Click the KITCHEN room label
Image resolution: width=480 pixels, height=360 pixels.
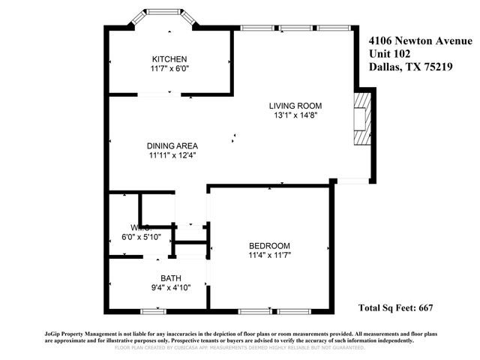(169, 59)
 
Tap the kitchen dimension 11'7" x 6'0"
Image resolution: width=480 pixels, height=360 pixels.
(169, 69)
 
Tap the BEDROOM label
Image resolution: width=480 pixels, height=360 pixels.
(269, 245)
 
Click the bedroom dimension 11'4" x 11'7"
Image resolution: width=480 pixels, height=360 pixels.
(269, 255)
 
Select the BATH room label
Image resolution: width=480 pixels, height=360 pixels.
(171, 278)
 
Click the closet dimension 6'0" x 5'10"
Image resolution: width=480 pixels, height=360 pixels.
(141, 236)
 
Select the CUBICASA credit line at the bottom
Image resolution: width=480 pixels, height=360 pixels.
(239, 348)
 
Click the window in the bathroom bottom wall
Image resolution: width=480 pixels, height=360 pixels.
(154, 310)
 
